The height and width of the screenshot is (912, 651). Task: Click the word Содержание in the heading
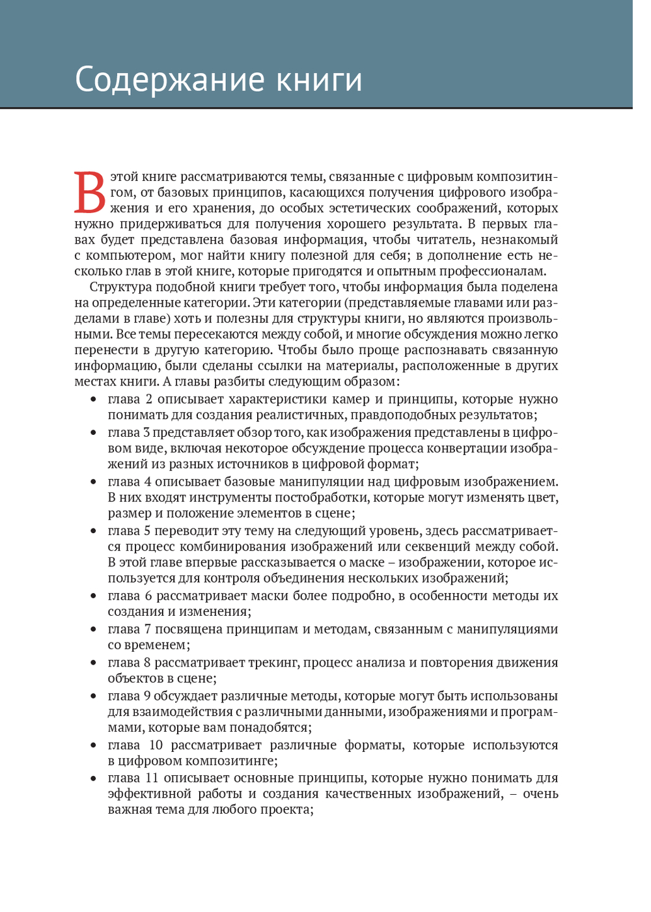(x=167, y=80)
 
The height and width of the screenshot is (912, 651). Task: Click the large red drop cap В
(x=90, y=192)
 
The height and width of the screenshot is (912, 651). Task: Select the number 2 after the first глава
(x=149, y=399)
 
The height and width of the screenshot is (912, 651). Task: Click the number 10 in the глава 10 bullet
(x=156, y=745)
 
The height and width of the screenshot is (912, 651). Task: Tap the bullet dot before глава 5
(x=94, y=531)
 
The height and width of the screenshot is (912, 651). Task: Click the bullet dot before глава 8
(x=94, y=663)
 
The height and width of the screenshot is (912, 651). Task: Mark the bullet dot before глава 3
(x=94, y=433)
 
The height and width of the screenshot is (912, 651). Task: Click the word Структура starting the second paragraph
(x=120, y=287)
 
